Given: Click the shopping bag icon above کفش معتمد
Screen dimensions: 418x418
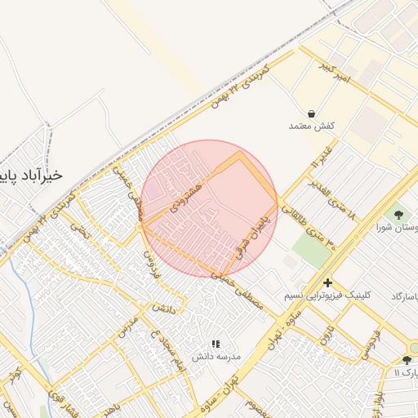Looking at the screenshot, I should point(312,114).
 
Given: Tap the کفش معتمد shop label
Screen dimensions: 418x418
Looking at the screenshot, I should point(313,127).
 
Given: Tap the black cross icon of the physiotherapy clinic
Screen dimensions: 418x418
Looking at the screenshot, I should point(327,282).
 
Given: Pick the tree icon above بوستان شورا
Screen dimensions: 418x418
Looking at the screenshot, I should point(398,215).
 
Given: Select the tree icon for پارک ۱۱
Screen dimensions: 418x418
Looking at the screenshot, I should point(407,360).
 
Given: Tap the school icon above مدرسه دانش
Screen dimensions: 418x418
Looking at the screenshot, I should point(216,345).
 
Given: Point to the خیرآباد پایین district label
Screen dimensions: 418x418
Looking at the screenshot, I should point(37,176).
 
